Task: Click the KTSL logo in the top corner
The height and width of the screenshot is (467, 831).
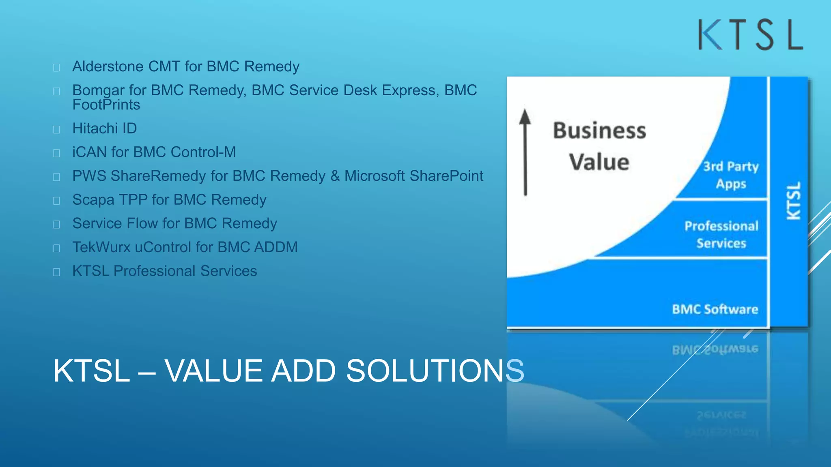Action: pyautogui.click(x=750, y=35)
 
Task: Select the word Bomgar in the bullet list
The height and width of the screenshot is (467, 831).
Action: pyautogui.click(x=98, y=90)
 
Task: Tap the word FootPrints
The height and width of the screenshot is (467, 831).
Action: pyautogui.click(x=106, y=105)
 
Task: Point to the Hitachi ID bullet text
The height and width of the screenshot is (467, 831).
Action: pyautogui.click(x=104, y=129)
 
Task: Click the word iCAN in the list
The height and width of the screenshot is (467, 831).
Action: pyautogui.click(x=89, y=152)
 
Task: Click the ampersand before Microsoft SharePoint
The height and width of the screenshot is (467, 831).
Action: pyautogui.click(x=335, y=176)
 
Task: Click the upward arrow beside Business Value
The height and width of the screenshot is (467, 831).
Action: pyautogui.click(x=525, y=152)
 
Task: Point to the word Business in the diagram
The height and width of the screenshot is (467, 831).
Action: pyautogui.click(x=599, y=131)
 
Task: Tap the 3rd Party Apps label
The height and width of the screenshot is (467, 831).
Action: pyautogui.click(x=731, y=175)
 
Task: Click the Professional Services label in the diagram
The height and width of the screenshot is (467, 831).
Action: pyautogui.click(x=721, y=234)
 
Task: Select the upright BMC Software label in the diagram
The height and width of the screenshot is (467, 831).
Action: pyautogui.click(x=715, y=309)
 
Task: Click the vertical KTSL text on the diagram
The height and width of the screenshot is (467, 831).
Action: pyautogui.click(x=794, y=201)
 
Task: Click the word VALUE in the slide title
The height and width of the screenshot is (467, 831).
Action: pyautogui.click(x=215, y=371)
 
